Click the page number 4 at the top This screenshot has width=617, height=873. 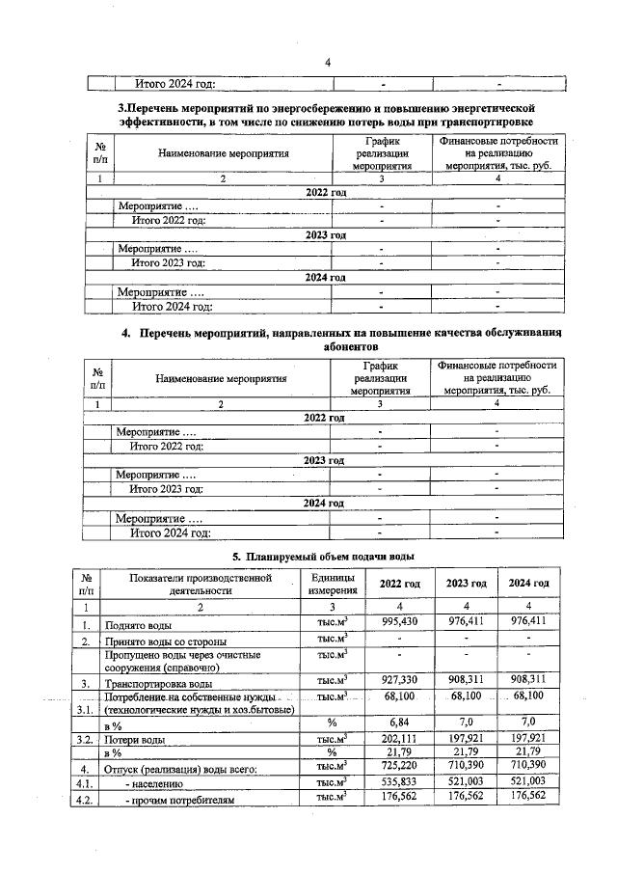327,64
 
